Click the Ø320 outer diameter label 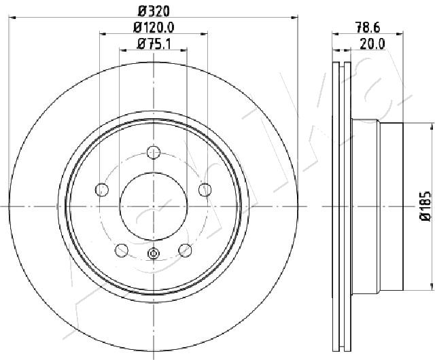(x=154, y=12)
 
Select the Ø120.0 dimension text (x=154, y=27)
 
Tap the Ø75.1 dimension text (x=154, y=44)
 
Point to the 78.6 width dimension (x=368, y=28)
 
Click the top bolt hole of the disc (x=154, y=152)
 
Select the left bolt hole (x=102, y=190)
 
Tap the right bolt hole (x=205, y=190)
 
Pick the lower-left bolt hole (x=122, y=250)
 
